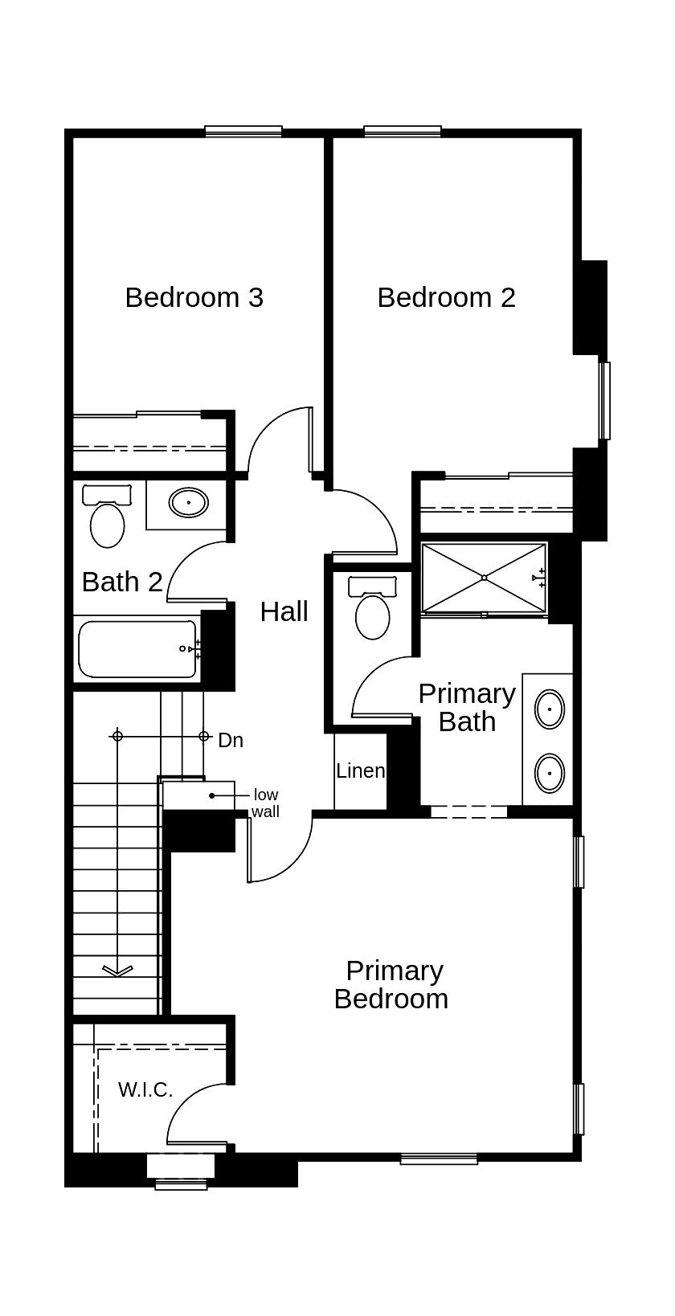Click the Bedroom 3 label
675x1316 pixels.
coord(194,297)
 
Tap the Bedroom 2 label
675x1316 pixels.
coord(446,297)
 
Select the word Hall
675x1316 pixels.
coord(284,611)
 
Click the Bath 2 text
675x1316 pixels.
coord(122,582)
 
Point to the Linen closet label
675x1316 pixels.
coord(360,770)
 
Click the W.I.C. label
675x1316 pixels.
coord(145,1089)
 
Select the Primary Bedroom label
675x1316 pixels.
coord(392,985)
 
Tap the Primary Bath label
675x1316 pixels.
coord(466,707)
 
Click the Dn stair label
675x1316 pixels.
coord(231,740)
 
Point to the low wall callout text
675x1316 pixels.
coord(265,803)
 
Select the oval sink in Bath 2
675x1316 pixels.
coord(189,503)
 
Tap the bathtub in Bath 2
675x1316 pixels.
coord(137,648)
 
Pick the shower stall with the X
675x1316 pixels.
coord(484,578)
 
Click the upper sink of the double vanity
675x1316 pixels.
coord(550,709)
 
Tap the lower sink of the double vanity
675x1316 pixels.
coord(550,773)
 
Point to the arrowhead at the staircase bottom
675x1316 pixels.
coord(117,971)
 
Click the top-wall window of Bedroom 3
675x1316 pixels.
coord(243,131)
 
